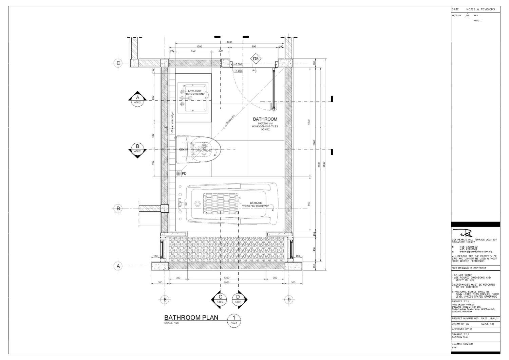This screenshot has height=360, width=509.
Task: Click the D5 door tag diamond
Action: pos(256,59)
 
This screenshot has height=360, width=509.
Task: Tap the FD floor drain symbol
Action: pos(178,173)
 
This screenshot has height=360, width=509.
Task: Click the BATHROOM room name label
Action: pos(265,119)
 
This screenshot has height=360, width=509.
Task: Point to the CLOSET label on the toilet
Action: pos(202,148)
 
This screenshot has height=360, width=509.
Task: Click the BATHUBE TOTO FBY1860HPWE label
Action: pos(256,204)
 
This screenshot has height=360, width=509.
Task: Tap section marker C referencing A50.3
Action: pos(220,299)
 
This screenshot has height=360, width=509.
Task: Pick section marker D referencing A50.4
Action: pos(238,299)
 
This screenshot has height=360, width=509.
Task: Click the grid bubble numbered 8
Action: pos(165,299)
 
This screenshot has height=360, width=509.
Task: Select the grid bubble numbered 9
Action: pos(289,299)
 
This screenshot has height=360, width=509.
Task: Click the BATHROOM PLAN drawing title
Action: pos(191,318)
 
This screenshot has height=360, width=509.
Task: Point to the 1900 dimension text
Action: pos(227,283)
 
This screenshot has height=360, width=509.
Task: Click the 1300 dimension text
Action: pos(227,278)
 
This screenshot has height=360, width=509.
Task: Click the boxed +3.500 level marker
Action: pos(238,64)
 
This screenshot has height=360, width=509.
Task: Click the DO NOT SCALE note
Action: pos(463,275)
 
